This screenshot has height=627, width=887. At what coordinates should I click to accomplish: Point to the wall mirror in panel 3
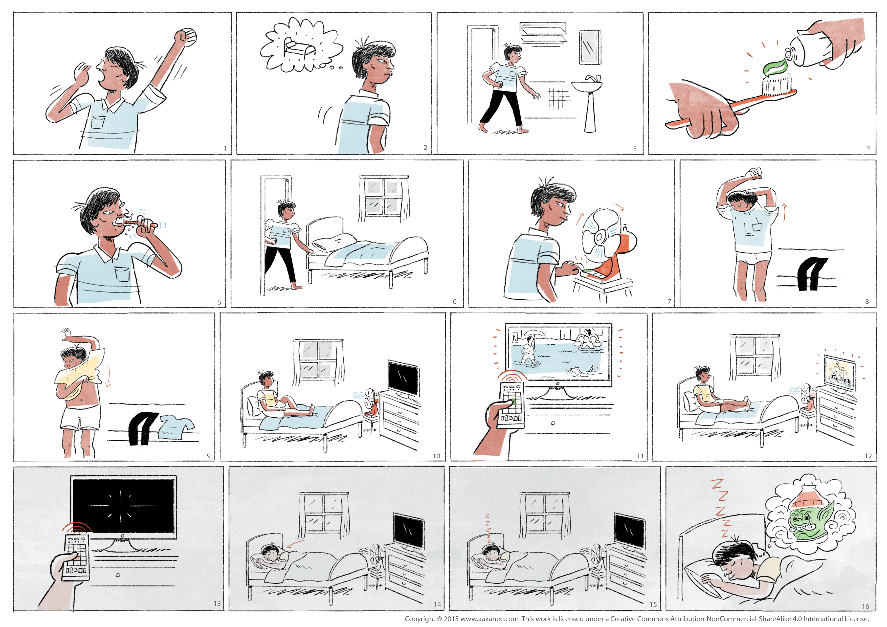point(590,47)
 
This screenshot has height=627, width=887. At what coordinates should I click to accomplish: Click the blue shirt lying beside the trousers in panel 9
point(176,427)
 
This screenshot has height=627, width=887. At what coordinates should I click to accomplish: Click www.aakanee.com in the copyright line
point(489,619)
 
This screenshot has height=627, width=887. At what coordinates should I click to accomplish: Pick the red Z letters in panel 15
point(488,527)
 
